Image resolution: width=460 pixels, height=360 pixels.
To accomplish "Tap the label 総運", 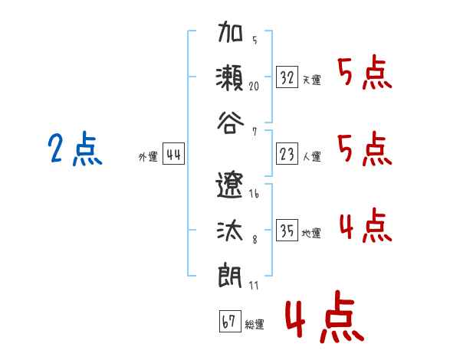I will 255,325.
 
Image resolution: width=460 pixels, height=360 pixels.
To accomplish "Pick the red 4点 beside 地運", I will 364,226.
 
